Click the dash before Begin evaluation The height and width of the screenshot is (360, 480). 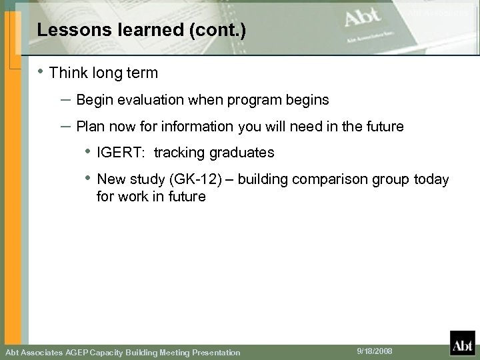[66, 100]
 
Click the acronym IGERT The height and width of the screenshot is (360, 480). [115, 153]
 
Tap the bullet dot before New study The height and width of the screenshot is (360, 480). [87, 179]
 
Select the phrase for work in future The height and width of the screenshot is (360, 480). [151, 197]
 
